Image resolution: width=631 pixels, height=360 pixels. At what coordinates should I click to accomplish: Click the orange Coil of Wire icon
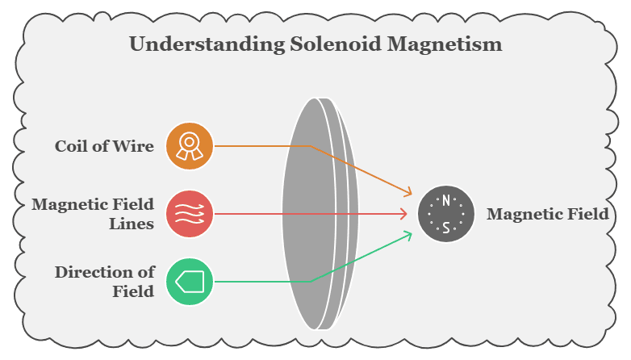click(x=190, y=146)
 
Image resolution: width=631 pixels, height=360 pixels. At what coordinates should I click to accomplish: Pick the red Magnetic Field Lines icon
click(x=190, y=214)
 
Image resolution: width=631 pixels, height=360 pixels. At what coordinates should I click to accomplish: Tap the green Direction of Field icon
click(x=190, y=282)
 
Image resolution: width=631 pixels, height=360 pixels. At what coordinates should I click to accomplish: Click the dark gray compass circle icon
click(x=445, y=214)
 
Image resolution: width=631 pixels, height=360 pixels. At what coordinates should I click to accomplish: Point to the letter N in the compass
click(x=446, y=200)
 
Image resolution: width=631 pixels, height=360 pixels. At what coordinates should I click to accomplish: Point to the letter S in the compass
click(x=446, y=228)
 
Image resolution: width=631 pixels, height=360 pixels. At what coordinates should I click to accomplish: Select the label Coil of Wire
click(x=104, y=146)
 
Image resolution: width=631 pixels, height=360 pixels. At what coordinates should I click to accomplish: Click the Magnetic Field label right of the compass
click(x=547, y=214)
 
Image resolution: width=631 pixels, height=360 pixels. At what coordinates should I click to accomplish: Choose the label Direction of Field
click(x=104, y=281)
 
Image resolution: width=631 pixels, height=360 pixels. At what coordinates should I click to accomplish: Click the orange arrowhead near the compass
click(x=408, y=194)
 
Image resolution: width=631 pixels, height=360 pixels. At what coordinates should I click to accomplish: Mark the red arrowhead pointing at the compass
click(x=403, y=214)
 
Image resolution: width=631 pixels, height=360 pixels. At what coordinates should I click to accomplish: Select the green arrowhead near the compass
click(x=408, y=234)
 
